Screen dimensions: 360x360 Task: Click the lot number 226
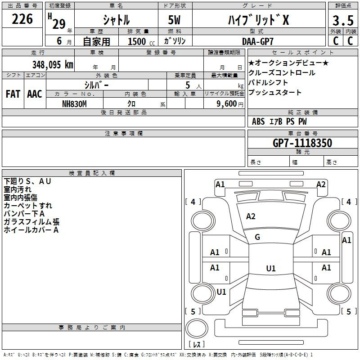[22, 19]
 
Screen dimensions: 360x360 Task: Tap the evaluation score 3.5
[343, 21]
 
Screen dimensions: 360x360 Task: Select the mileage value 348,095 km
[53, 65]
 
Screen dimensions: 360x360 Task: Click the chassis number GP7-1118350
[302, 143]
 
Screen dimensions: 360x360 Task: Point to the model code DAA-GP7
[258, 41]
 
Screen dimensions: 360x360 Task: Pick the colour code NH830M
[74, 104]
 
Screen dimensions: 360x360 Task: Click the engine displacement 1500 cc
[141, 41]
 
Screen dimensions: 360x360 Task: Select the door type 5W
[174, 20]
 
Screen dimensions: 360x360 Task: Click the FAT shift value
[13, 94]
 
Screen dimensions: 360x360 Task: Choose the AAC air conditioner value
[35, 94]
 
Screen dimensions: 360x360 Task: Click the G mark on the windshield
[257, 237]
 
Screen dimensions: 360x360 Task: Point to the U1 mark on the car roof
[271, 268]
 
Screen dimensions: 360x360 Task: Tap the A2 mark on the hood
[251, 216]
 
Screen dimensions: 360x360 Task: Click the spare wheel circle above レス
[197, 328]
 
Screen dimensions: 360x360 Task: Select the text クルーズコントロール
[282, 73]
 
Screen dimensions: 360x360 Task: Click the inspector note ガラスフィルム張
[31, 222]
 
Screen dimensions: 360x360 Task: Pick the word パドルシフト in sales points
[268, 83]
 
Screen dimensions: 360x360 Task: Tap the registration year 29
[59, 24]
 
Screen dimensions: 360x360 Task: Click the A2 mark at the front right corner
[321, 184]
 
